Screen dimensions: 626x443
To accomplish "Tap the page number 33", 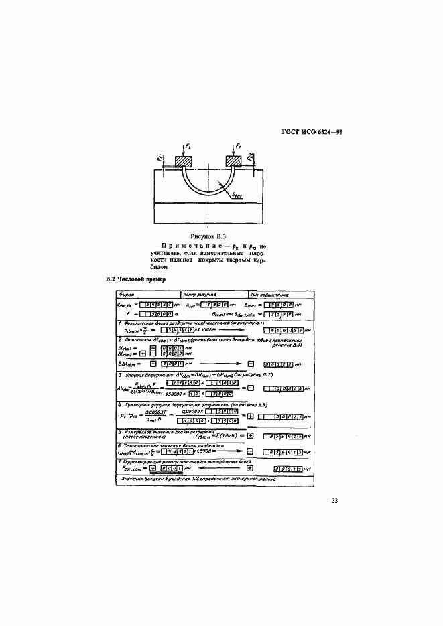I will pos(336,499).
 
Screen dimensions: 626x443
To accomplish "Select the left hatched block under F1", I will pos(183,161).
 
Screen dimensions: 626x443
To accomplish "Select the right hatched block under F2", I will pos(234,161).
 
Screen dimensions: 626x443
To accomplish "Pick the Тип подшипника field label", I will pos(269,293).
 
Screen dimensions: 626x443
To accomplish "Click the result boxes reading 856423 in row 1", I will pos(282,331).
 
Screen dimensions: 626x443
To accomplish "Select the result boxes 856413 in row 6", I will pos(282,452).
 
